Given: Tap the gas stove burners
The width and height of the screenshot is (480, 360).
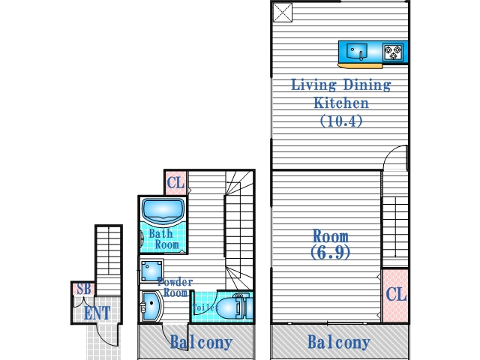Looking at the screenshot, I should click(394, 52).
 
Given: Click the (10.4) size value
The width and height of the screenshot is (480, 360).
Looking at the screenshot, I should click(341, 120).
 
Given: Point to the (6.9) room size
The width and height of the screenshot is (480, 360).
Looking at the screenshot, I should click(330, 253).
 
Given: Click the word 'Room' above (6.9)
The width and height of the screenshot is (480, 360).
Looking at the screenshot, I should click(331, 236).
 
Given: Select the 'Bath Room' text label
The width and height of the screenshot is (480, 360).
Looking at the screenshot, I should click(163, 239).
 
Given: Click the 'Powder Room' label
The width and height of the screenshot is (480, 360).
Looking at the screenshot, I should click(175, 287).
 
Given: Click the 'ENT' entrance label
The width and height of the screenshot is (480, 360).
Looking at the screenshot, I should click(97, 313).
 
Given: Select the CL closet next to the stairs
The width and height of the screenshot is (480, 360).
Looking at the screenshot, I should click(175, 182).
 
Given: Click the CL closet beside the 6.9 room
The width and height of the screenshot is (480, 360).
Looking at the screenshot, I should click(395, 295).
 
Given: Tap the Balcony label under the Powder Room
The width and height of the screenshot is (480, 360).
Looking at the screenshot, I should click(200, 343).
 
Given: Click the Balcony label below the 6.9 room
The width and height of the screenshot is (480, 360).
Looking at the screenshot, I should click(339, 343).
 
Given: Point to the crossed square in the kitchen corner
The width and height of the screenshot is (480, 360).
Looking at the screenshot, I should click(282, 12).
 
